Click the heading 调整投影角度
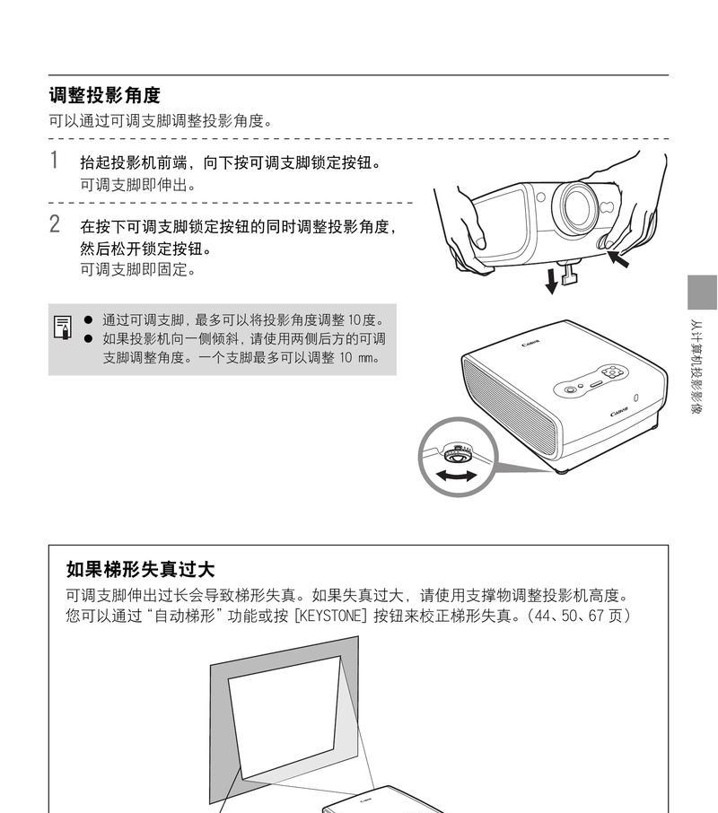click(104, 95)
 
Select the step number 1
click(55, 162)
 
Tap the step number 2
click(55, 224)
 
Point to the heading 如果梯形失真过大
click(140, 570)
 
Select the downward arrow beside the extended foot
click(550, 280)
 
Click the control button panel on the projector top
click(592, 380)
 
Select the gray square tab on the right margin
click(702, 292)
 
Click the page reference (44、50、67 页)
click(579, 616)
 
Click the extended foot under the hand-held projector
click(569, 274)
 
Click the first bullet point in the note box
click(88, 319)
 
